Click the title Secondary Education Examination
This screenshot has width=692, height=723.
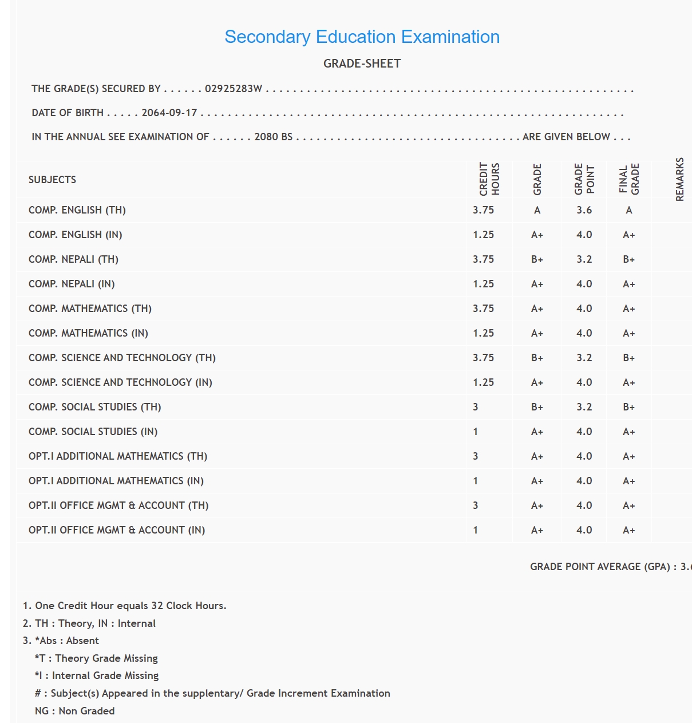[362, 37]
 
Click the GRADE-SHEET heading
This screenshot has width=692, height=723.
[362, 64]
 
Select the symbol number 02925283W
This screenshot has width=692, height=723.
[234, 89]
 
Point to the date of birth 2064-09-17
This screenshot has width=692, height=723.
[169, 113]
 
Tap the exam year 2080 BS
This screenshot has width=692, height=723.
[273, 137]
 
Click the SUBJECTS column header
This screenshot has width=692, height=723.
[52, 180]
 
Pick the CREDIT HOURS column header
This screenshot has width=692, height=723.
[489, 179]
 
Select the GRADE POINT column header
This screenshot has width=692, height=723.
[584, 179]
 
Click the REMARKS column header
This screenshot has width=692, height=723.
[679, 179]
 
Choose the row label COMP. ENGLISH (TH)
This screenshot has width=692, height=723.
[77, 210]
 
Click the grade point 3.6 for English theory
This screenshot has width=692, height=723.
[584, 210]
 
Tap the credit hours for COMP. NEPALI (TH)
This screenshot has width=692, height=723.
[483, 259]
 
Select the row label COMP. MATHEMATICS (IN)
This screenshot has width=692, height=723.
[88, 333]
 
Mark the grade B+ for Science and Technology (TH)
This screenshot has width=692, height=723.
[537, 358]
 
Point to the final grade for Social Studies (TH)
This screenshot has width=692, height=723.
[628, 407]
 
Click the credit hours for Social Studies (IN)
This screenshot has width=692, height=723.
[476, 432]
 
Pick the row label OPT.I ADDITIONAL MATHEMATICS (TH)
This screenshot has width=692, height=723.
[118, 456]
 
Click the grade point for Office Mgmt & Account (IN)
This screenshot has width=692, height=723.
[584, 530]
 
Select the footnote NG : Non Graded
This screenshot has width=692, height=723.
[74, 711]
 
